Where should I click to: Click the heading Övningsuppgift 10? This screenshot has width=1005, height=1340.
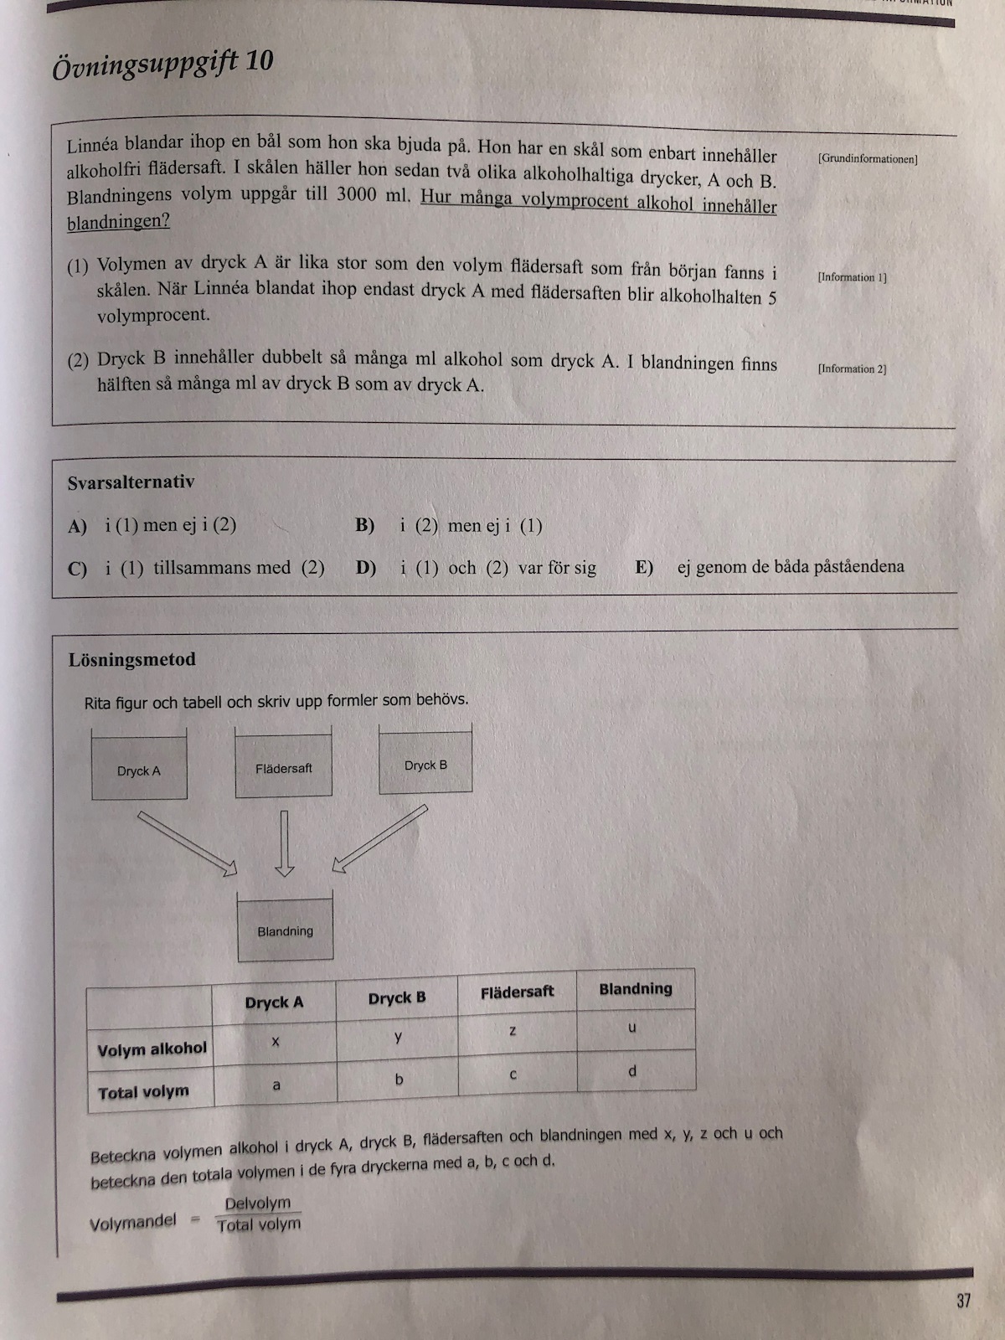coord(162,64)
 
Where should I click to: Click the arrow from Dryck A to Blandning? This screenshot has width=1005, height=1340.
coord(188,843)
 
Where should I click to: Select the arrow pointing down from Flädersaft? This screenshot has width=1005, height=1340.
coord(285,842)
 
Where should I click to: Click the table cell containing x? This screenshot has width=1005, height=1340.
coord(276,1041)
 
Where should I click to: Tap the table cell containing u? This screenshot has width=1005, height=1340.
coord(632,1028)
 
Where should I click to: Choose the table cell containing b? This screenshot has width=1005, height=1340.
coord(399,1080)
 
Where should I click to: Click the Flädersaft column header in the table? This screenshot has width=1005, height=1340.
coord(517,992)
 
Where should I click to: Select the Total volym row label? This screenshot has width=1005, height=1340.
coord(143,1092)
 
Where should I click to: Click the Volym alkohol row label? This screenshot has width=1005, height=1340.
coord(152,1049)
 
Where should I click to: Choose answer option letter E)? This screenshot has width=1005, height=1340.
coord(644,567)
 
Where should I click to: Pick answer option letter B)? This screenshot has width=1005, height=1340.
coord(364,526)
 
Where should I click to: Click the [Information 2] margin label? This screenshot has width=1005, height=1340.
coord(852,368)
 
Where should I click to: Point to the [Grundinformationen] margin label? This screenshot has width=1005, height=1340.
coord(868,159)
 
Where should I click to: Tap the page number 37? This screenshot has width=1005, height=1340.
coord(963,1301)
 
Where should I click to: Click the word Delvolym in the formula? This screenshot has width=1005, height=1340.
coord(258,1203)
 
